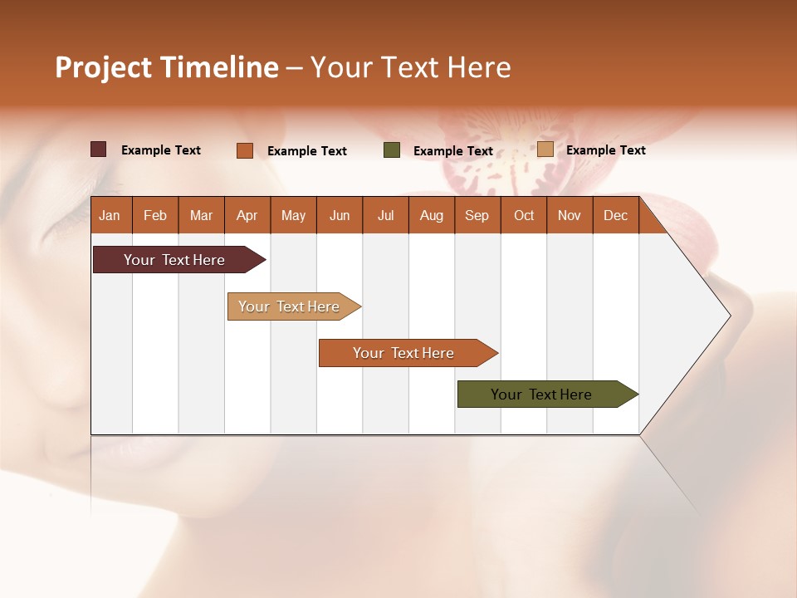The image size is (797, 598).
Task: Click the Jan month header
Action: tap(110, 215)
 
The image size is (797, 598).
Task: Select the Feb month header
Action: tap(155, 215)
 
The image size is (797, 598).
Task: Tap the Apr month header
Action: tap(247, 215)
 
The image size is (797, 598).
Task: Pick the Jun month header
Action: tap(340, 215)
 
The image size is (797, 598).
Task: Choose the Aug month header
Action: tap(431, 215)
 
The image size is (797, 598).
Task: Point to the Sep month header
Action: tap(477, 215)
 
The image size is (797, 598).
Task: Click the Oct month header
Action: tap(524, 215)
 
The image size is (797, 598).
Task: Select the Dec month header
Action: tap(615, 215)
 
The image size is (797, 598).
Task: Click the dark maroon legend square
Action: tap(99, 149)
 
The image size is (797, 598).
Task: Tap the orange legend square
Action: tap(245, 150)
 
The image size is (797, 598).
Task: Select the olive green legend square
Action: tap(392, 150)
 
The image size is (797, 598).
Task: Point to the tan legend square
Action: tap(545, 149)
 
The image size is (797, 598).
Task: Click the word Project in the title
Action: tap(104, 67)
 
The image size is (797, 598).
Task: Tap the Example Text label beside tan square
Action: tap(605, 149)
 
